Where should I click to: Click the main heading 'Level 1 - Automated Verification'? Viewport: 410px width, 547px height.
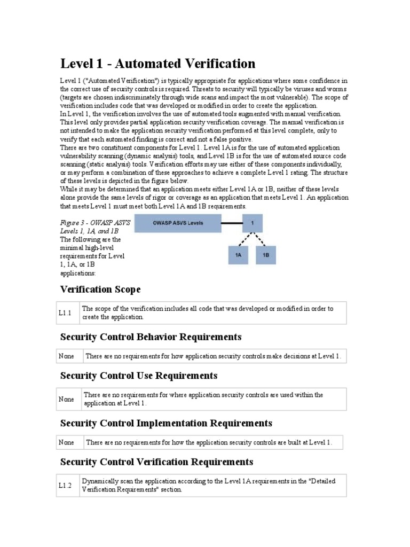157,64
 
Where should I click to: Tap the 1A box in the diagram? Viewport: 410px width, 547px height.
239,256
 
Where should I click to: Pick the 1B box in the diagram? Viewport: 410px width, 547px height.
266,256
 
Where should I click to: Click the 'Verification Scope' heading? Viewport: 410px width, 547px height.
100,290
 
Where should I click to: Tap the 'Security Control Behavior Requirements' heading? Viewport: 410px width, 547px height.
151,337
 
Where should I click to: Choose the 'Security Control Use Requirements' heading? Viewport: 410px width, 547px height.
139,376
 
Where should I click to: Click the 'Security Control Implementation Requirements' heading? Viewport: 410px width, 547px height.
166,423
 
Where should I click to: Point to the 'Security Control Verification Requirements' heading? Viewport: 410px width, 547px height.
157,462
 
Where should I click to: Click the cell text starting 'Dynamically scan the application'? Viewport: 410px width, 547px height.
208,485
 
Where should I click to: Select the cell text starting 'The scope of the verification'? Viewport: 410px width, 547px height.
207,312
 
